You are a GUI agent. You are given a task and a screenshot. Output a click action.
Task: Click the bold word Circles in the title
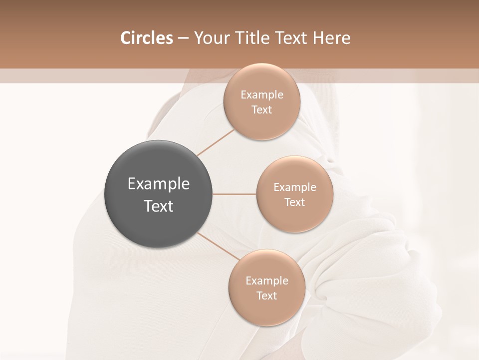tap(146, 38)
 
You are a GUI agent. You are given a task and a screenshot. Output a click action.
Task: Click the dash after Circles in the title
tap(183, 38)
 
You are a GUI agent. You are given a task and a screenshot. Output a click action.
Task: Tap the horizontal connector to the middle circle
tap(235, 194)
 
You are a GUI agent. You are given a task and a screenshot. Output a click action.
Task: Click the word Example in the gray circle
tap(158, 184)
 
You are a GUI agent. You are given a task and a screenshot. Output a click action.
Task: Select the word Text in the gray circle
tap(158, 206)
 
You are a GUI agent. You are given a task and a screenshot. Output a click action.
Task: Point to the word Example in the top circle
tap(261, 94)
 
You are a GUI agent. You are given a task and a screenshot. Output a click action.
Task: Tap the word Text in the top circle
tap(261, 109)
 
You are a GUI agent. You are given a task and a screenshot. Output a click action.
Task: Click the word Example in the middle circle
tap(294, 187)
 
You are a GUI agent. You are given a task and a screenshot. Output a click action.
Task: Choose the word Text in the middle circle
tap(294, 202)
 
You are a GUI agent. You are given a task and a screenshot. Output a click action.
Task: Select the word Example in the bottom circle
tap(266, 280)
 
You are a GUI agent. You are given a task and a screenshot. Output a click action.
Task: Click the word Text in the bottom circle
tap(266, 295)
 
